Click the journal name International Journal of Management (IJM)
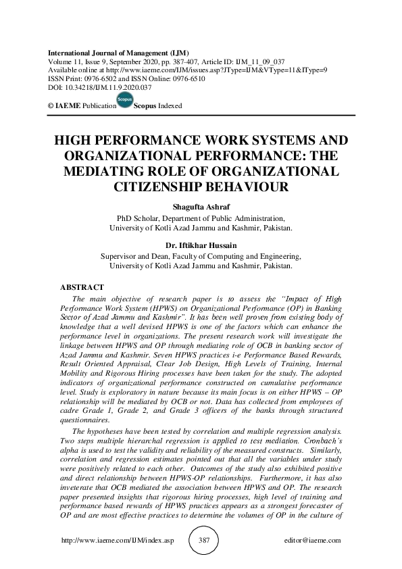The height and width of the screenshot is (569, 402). (x=118, y=53)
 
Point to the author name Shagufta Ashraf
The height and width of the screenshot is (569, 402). (x=201, y=209)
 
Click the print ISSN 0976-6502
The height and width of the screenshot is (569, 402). (x=98, y=78)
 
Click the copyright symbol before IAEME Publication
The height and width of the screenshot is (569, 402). (x=51, y=106)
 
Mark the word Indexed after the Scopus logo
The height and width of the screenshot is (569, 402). (x=170, y=106)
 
